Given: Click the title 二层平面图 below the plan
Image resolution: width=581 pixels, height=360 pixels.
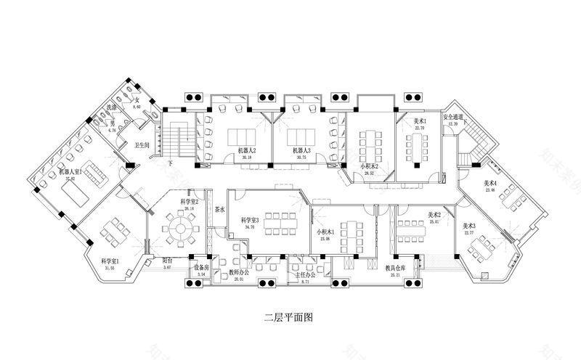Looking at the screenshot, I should coord(290,317).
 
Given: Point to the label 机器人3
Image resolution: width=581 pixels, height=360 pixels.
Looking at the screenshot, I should coord(303,150).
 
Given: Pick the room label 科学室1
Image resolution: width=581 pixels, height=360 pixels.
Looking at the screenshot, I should coord(110,261).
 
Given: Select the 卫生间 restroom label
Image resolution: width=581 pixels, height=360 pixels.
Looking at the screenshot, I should coord(142,145).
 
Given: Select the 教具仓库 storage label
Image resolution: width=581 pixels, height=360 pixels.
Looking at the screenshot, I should coord(395,269).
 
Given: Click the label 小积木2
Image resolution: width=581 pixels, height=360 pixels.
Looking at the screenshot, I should coord(370,167).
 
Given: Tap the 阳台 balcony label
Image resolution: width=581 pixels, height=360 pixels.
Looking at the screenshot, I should coord(167,261).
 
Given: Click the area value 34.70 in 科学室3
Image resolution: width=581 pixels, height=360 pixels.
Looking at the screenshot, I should coord(251,226).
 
